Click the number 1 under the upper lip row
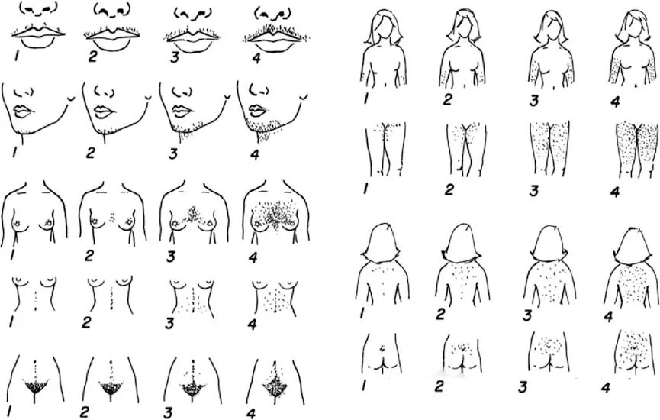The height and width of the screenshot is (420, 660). coord(17,55)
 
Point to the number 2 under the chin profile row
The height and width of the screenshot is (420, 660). coord(91,153)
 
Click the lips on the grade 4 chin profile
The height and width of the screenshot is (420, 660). coord(257,111)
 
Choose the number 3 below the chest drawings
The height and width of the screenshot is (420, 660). coord(170,257)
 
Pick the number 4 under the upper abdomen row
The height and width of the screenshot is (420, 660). coord(252,324)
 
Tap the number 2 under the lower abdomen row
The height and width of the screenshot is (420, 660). coord(84,412)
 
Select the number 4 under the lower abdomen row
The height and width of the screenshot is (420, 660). coord(251,413)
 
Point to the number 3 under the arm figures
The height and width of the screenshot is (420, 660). coord(534,101)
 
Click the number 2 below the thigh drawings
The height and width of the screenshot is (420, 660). coord(449,190)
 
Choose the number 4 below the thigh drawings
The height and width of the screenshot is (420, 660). coord(615,192)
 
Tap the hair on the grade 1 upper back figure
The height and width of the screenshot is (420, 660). coord(382,243)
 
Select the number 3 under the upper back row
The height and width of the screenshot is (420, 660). coord(527,315)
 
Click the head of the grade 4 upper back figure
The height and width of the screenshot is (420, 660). coord(630,247)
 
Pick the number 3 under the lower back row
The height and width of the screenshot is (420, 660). coord(523,387)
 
